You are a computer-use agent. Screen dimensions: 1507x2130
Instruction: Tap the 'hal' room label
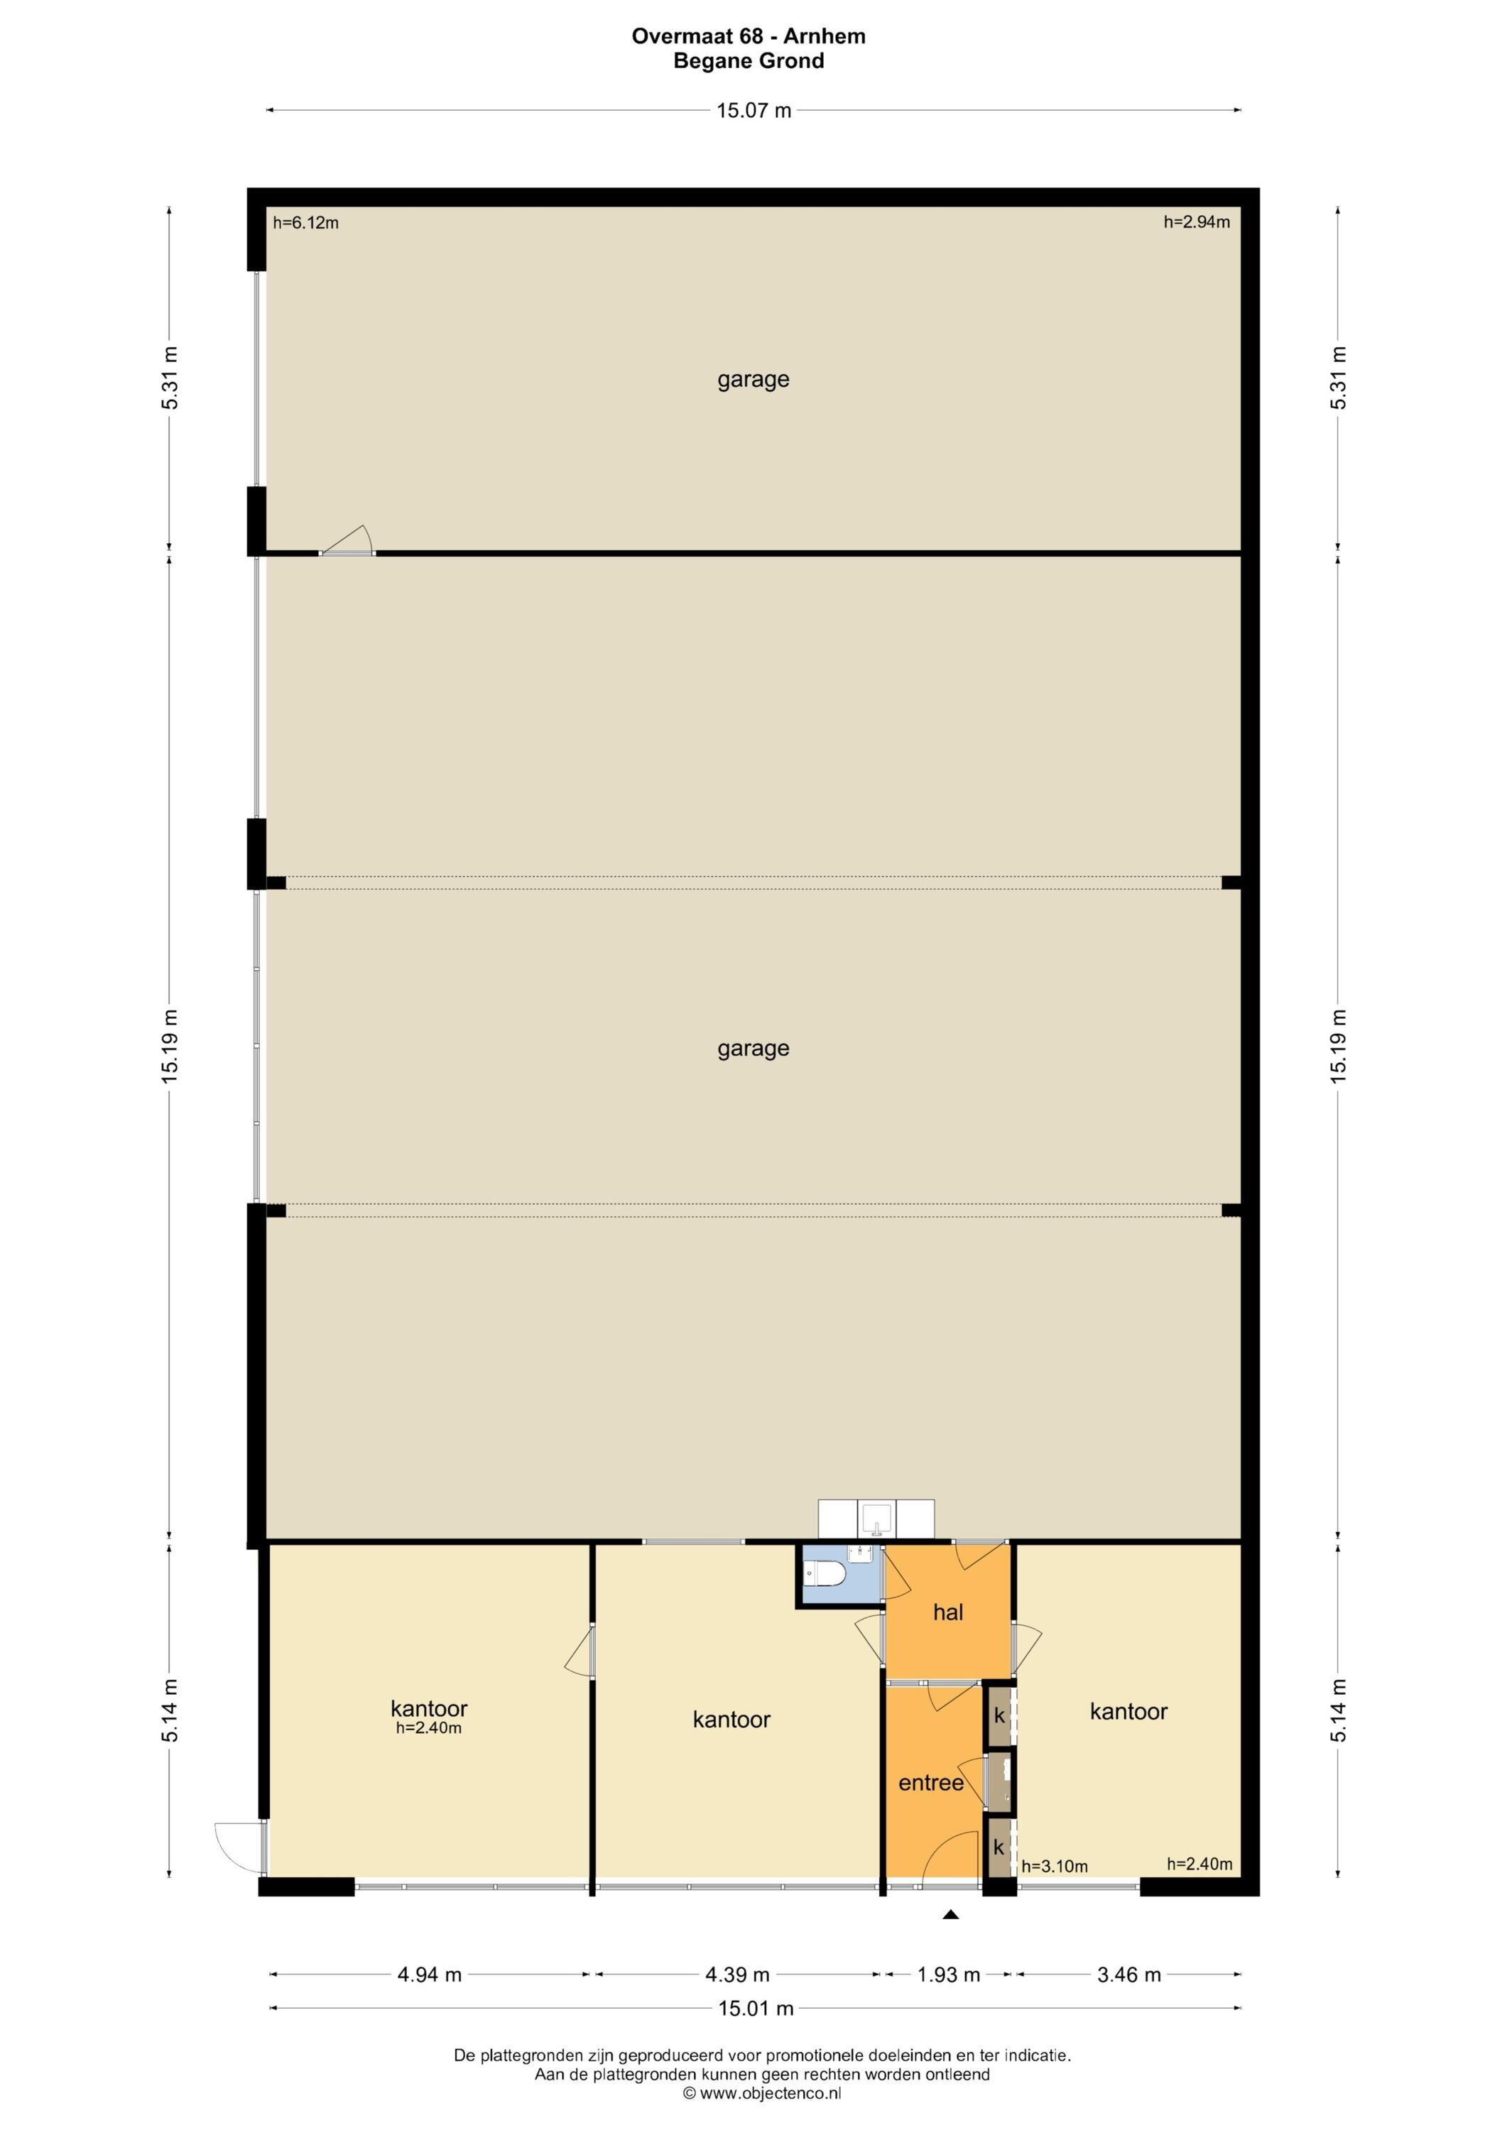pos(947,1638)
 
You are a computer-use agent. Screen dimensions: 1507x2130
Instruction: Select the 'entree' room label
pos(931,1809)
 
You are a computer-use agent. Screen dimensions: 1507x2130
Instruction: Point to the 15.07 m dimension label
pos(753,110)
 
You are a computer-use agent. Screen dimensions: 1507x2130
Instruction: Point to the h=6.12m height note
pos(305,223)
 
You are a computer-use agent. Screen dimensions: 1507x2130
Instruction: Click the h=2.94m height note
pos(1197,222)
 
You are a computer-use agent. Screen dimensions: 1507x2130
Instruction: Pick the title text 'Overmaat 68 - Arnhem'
pos(749,36)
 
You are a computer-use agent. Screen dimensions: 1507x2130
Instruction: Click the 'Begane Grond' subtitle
pos(749,61)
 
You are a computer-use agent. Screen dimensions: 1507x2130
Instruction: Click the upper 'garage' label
pos(753,379)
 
